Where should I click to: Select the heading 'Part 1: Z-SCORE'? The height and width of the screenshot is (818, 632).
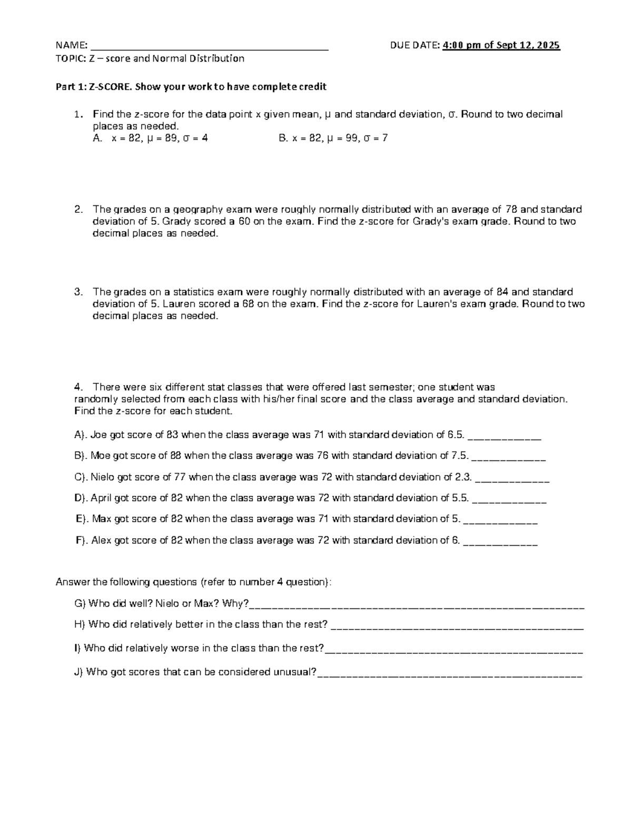pos(93,86)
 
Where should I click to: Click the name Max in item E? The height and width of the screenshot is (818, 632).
pos(102,519)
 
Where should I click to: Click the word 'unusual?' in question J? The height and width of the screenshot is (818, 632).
pos(295,672)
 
